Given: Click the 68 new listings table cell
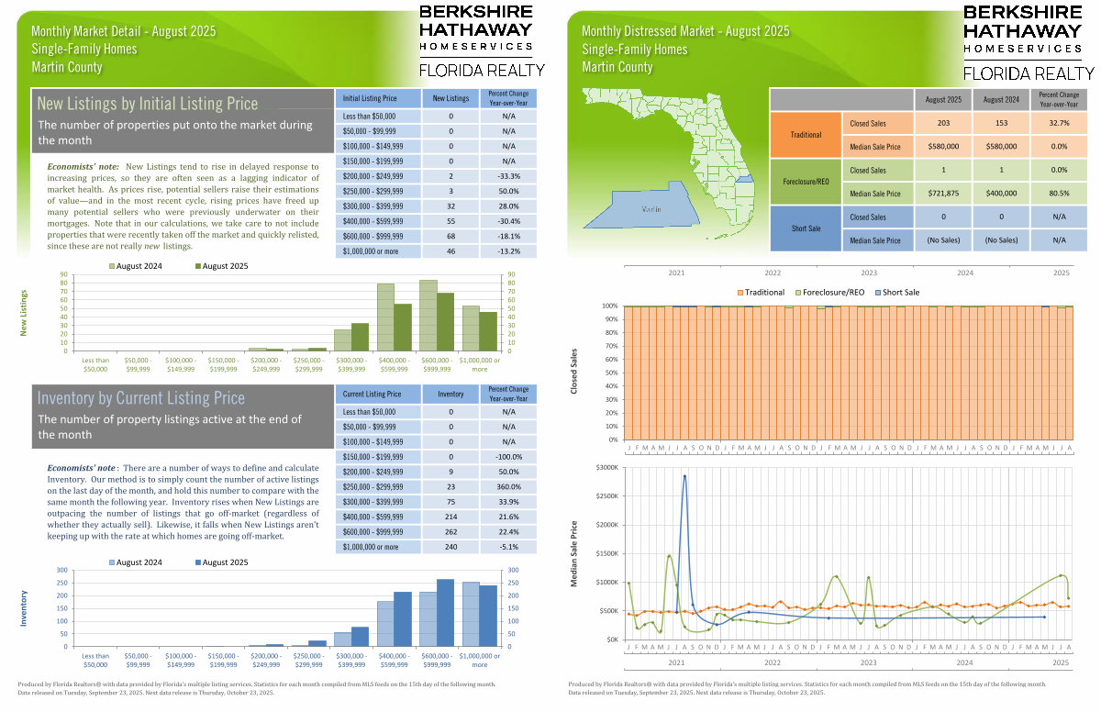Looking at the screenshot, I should pyautogui.click(x=450, y=234).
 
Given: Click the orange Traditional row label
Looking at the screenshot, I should pyautogui.click(x=806, y=134).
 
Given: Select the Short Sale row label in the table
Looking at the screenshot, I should pyautogui.click(x=806, y=228).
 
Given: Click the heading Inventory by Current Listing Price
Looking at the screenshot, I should pyautogui.click(x=141, y=398).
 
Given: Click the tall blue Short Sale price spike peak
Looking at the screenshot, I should pyautogui.click(x=684, y=475).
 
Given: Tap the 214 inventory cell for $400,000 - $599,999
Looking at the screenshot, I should pyautogui.click(x=450, y=517).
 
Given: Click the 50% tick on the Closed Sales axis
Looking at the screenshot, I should pyautogui.click(x=610, y=373).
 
